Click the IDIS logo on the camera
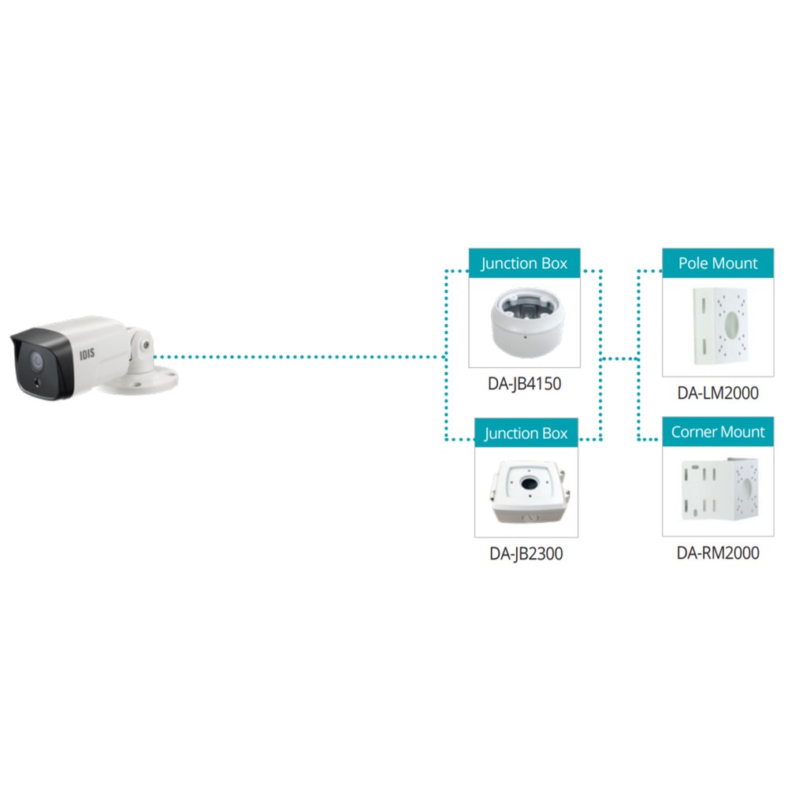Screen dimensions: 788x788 point(87,354)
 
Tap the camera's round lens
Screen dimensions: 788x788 point(37,360)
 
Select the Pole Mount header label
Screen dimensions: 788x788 point(718,263)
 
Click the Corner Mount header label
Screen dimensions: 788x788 point(718,432)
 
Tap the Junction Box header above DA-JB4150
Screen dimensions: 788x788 point(524,263)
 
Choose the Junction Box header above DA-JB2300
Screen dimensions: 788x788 point(526,433)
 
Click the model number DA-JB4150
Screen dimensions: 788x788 point(524,384)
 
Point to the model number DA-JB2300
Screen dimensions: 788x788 point(526,554)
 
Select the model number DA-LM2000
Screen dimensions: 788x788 point(718,393)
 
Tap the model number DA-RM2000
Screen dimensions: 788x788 point(718,553)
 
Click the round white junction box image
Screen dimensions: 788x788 point(527,322)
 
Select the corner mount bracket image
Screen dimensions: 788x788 point(719,489)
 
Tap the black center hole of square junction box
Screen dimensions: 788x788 point(529,484)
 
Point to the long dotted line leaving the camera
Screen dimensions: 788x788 point(299,357)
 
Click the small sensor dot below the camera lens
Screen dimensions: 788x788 point(37,383)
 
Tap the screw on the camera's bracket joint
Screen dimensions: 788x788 point(146,345)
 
